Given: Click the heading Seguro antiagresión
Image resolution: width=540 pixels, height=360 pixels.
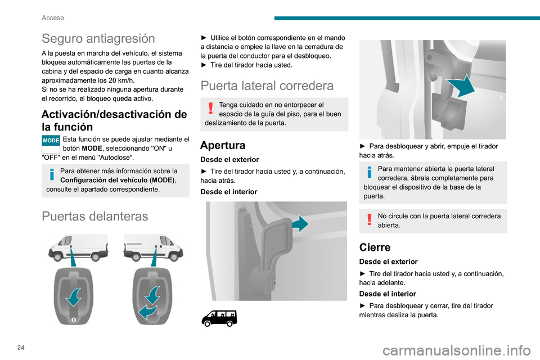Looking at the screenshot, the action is click(98, 39).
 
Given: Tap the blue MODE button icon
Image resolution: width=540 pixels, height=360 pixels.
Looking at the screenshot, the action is click(51, 141).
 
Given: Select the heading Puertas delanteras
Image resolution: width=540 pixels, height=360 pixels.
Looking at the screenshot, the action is click(94, 217).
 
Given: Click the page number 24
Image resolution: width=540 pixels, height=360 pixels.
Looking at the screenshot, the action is click(21, 348).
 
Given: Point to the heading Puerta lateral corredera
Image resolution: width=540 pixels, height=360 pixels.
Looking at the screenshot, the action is click(267, 85).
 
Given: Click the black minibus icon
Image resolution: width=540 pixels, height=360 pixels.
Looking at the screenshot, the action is click(219, 318).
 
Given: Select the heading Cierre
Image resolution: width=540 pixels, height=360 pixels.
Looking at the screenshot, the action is click(375, 247).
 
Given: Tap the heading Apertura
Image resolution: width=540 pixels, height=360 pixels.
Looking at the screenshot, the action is click(223, 145).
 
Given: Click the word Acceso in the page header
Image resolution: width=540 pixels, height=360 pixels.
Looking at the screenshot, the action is click(53, 18).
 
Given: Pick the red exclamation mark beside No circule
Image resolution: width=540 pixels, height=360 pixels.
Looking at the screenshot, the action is click(370, 219).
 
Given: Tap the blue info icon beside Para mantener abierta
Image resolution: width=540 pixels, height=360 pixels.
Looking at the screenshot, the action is click(370, 172).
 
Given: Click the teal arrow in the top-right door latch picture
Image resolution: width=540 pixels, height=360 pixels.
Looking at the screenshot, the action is click(461, 85).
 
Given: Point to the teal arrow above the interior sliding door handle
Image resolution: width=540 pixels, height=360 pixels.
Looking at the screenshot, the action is click(300, 224).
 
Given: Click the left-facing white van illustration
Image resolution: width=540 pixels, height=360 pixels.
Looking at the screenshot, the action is click(78, 247).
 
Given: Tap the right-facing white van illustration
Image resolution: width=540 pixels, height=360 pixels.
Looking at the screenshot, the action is click(154, 247).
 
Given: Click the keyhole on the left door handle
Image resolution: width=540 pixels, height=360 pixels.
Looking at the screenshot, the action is click(73, 320).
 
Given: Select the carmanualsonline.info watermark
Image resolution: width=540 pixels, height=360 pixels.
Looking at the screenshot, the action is click(457, 350).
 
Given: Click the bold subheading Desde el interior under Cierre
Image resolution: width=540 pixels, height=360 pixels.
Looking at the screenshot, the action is click(388, 294).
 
